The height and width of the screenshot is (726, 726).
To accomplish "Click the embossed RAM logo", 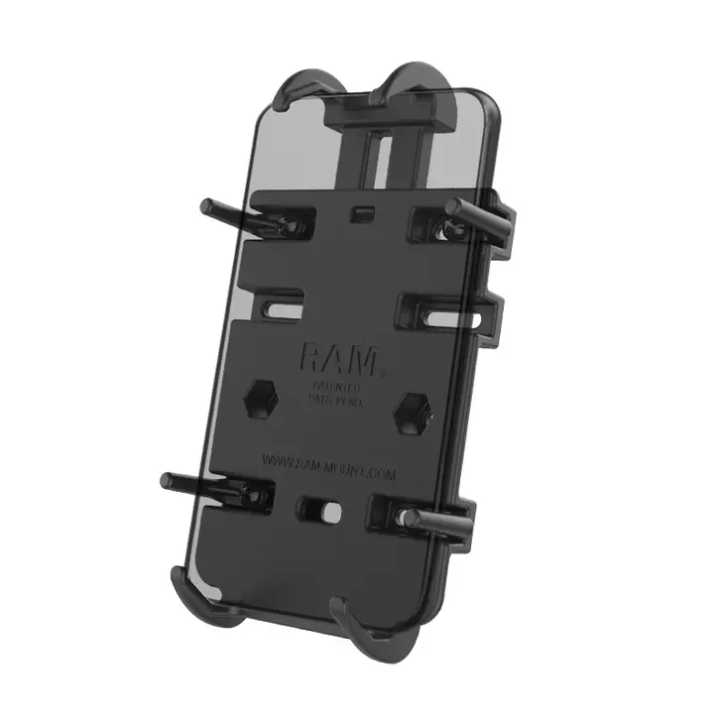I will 338,357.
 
